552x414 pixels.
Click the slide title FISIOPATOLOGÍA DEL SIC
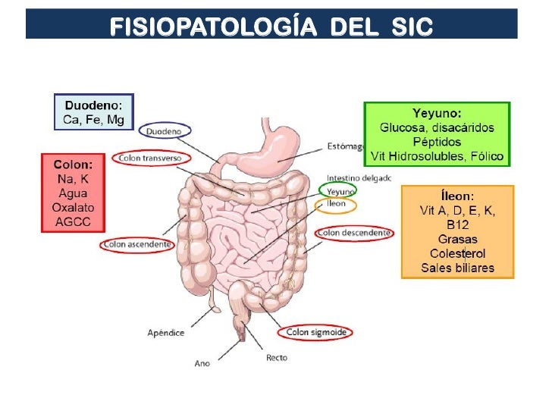pos(271,27)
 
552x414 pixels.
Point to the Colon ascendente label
pos(136,245)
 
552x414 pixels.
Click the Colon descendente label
pos(355,233)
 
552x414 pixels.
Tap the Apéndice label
pos(166,332)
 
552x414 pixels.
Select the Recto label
pos(276,357)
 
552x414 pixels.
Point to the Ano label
pos(202,363)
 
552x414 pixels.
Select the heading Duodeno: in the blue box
pos(94,105)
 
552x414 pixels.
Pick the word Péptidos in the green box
pos(437,141)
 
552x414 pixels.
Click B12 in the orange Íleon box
pos(457,224)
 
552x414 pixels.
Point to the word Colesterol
pos(457,253)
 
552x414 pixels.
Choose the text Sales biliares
pos(457,268)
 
